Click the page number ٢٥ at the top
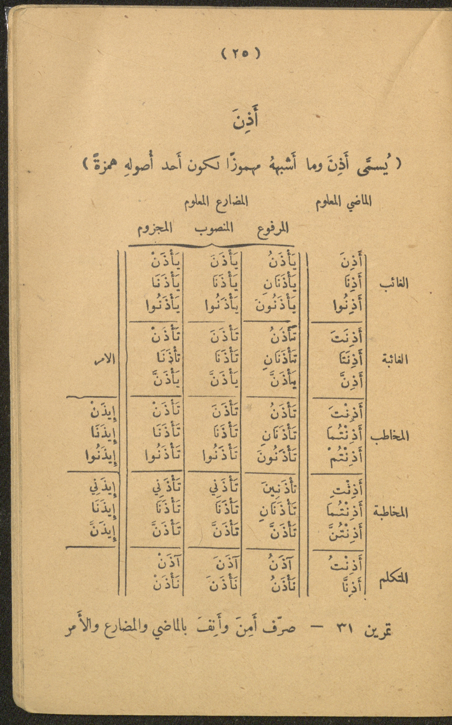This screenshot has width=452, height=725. pos(241,54)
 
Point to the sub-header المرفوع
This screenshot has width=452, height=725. pos(273,229)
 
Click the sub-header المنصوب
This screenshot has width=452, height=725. pos(214,229)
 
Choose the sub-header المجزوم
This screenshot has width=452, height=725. pos(155,229)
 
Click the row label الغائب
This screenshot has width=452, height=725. pos(394,283)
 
